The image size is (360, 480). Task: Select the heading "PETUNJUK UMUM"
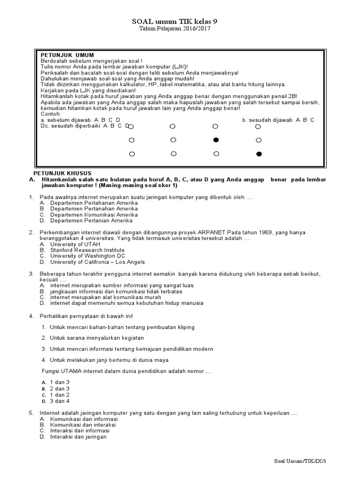click(67, 55)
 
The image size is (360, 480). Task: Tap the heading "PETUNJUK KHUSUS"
click(65, 173)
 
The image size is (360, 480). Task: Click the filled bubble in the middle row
click(216, 140)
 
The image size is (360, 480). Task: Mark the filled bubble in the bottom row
click(258, 154)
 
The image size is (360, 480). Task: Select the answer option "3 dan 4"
click(60, 401)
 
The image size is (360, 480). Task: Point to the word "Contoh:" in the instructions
click(51, 114)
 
